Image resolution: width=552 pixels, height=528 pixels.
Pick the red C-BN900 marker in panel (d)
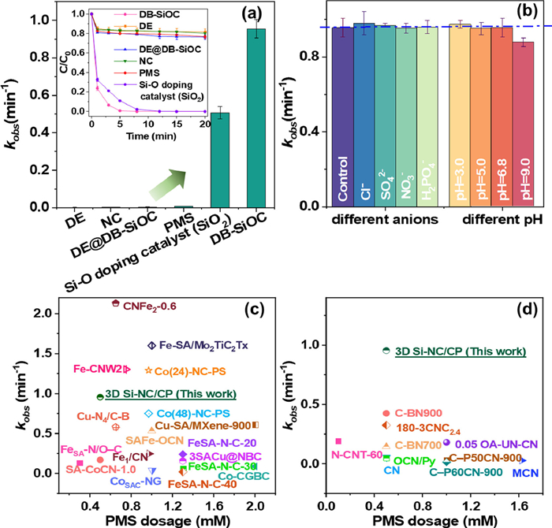pyautogui.click(x=386, y=413)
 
